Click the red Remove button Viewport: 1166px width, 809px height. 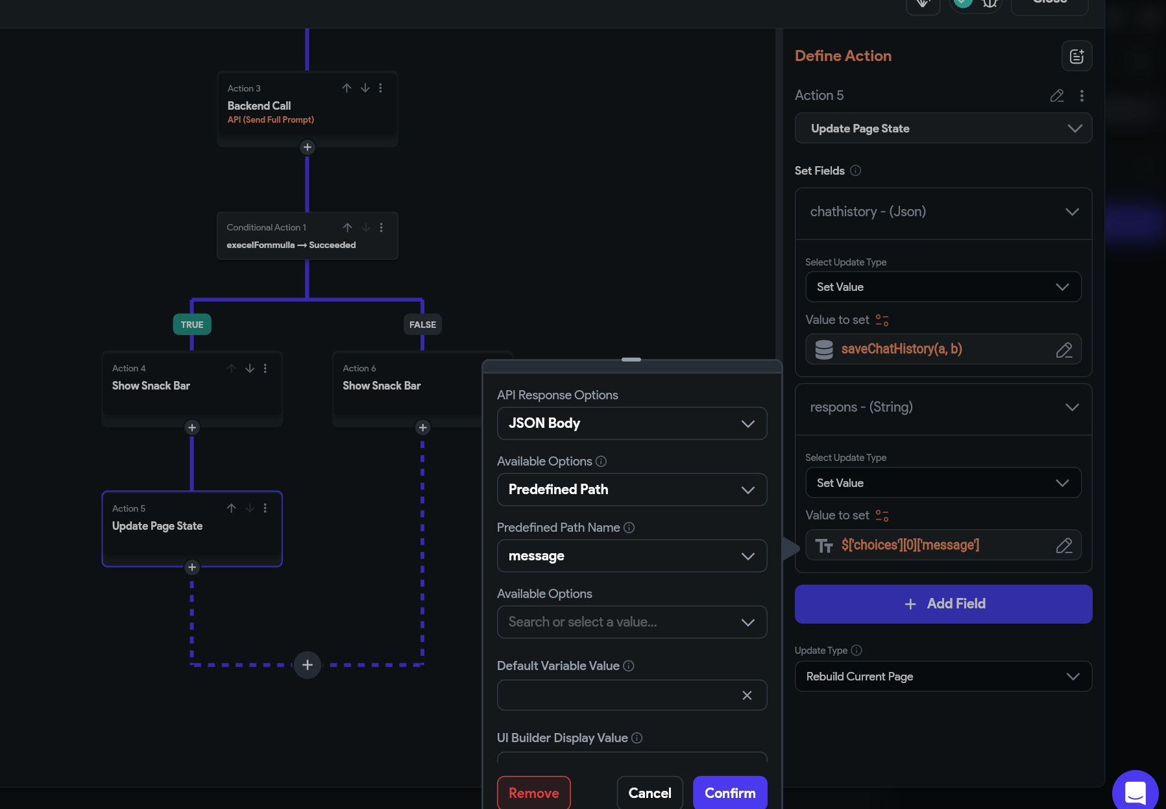(533, 793)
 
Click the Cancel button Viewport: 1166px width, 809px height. (650, 793)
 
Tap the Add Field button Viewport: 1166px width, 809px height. (943, 604)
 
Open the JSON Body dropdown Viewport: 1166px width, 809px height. (632, 423)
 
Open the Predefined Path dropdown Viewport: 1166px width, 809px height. (632, 490)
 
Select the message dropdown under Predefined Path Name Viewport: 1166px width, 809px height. (632, 556)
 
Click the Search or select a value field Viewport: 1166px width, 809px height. (632, 622)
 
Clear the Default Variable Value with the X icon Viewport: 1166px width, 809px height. (747, 695)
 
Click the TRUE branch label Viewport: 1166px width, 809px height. (192, 325)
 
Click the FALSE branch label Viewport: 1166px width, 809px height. (422, 325)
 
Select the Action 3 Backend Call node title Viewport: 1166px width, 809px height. (259, 106)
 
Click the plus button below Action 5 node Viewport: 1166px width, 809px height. (191, 567)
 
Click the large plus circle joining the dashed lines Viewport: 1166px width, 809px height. (308, 665)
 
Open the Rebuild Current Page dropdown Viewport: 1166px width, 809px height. (943, 677)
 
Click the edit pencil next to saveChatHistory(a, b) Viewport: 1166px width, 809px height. (1064, 350)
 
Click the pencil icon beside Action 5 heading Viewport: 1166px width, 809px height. (1057, 95)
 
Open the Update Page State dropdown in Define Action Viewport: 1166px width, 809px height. (943, 129)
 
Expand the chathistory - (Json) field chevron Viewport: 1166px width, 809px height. (1072, 212)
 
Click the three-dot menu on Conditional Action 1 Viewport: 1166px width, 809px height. (382, 227)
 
